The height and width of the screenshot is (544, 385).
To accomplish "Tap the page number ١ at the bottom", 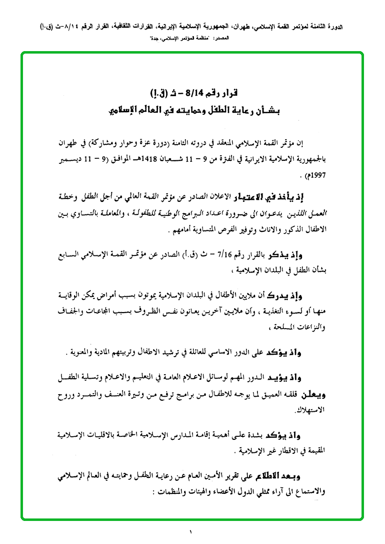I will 190,531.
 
